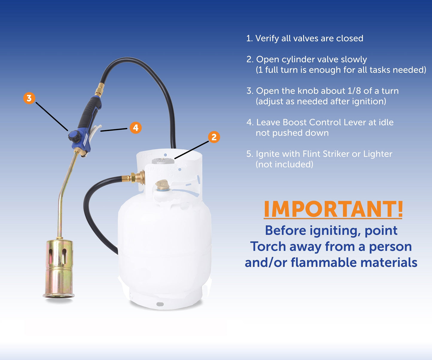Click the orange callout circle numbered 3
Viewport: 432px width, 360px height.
pyautogui.click(x=29, y=98)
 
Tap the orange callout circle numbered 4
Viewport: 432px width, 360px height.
pyautogui.click(x=135, y=128)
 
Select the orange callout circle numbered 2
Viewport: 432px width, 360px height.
pyautogui.click(x=214, y=137)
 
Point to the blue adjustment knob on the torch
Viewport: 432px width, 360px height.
pyautogui.click(x=74, y=137)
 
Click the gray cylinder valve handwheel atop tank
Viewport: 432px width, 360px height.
pyautogui.click(x=163, y=161)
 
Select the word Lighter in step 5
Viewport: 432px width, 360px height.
pyautogui.click(x=378, y=154)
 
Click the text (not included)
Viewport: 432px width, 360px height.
pyautogui.click(x=284, y=164)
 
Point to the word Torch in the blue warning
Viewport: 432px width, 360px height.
pyautogui.click(x=268, y=247)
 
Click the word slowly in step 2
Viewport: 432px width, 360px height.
pyautogui.click(x=354, y=60)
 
